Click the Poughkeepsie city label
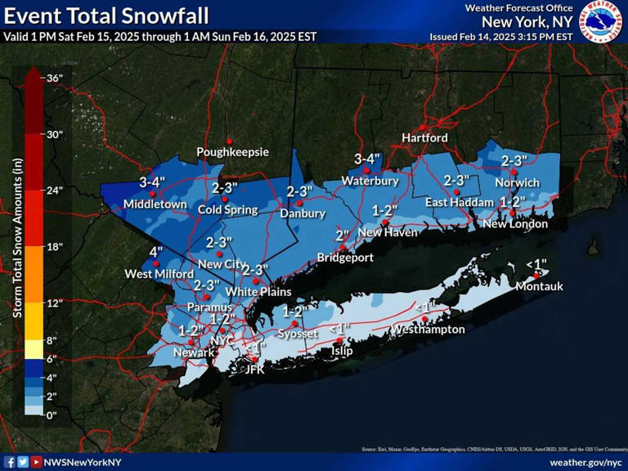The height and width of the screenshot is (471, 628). pyautogui.click(x=232, y=152)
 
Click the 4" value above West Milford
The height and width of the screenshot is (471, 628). pyautogui.click(x=155, y=252)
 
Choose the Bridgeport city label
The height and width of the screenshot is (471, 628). pyautogui.click(x=345, y=258)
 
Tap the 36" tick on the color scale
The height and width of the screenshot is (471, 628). pyautogui.click(x=54, y=78)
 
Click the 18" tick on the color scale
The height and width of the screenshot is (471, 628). pyautogui.click(x=54, y=246)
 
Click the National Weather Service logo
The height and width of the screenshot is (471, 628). pyautogui.click(x=602, y=22)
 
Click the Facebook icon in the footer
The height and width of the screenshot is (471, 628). pyautogui.click(x=10, y=462)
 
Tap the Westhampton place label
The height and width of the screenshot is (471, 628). pyautogui.click(x=428, y=330)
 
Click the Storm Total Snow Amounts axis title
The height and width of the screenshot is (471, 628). pyautogui.click(x=17, y=245)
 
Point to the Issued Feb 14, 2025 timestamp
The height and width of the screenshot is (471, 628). pyautogui.click(x=500, y=37)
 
